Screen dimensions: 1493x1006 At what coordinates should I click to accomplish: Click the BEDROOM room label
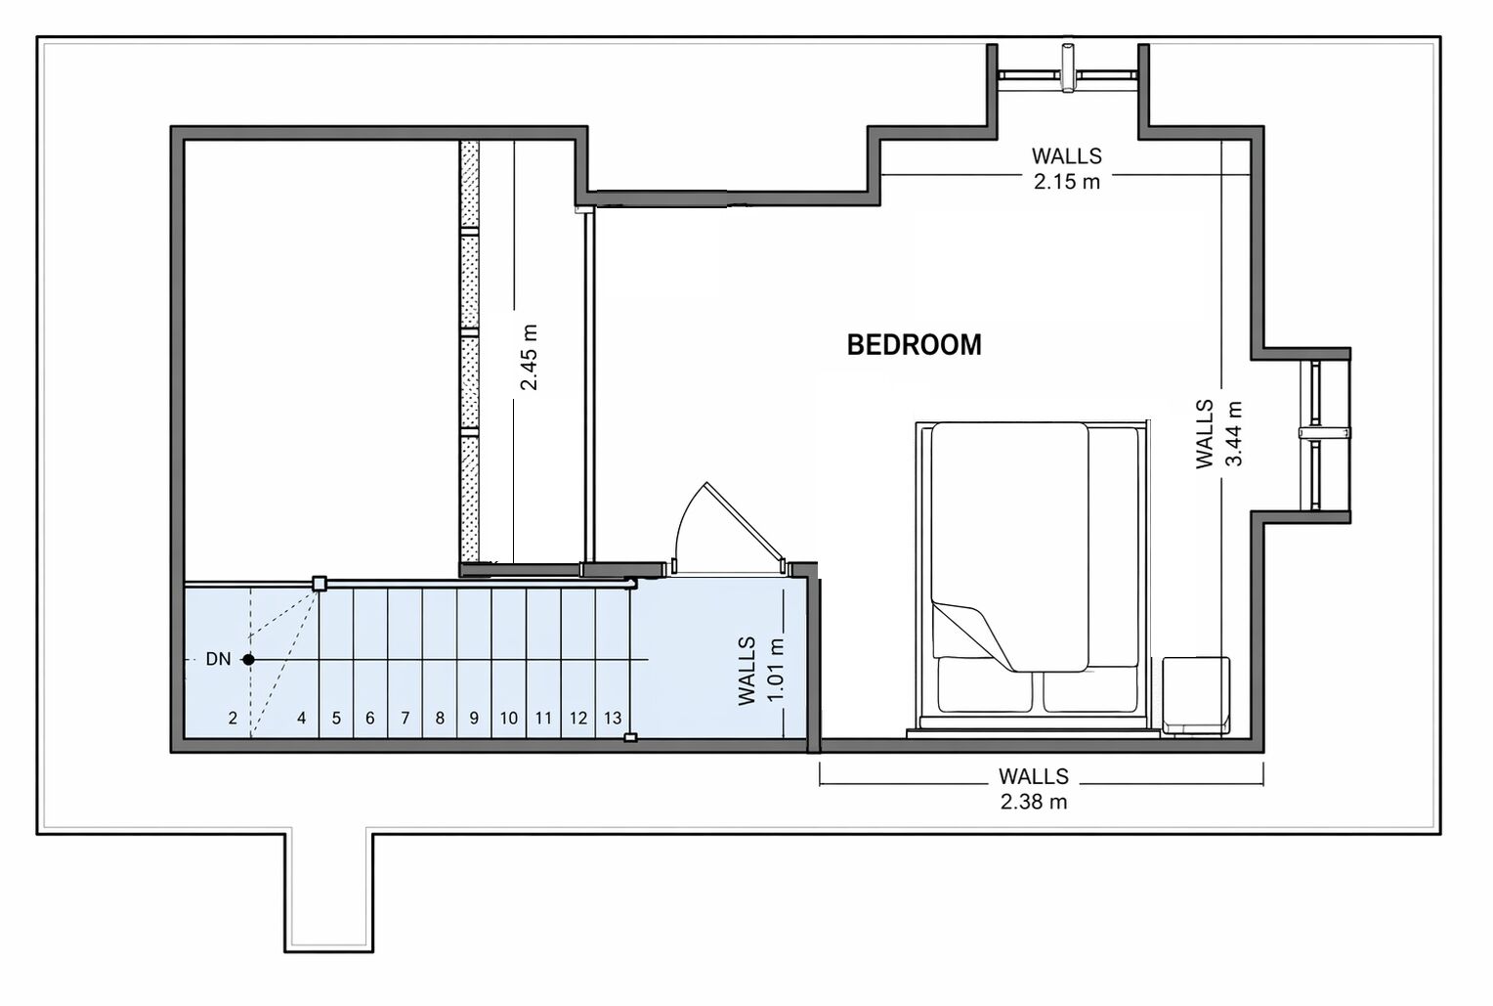coord(914,345)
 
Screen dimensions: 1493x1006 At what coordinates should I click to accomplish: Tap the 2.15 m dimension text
coord(1066,182)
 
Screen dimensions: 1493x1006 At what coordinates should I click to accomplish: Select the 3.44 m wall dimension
coord(1234,434)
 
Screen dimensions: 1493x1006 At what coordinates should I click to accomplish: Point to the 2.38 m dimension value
coord(1033,802)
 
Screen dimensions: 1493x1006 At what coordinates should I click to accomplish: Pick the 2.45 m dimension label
coord(529,357)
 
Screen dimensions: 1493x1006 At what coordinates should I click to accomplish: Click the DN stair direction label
coord(218,659)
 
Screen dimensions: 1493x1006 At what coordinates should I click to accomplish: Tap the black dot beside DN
coord(248,660)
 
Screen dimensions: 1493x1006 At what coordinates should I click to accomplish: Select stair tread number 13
coord(613,718)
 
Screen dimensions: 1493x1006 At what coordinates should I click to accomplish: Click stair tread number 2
coord(233,718)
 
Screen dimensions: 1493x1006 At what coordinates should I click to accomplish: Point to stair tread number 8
coord(440,718)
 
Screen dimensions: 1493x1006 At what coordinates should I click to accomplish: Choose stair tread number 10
coord(508,718)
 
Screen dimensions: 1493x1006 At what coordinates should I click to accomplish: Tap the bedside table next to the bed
coord(1196,695)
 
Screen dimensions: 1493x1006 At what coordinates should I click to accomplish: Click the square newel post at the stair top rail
coord(320,584)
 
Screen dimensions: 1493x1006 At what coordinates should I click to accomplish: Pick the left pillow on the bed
coord(985,684)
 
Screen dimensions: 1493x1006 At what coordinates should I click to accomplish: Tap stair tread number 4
coord(302,718)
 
